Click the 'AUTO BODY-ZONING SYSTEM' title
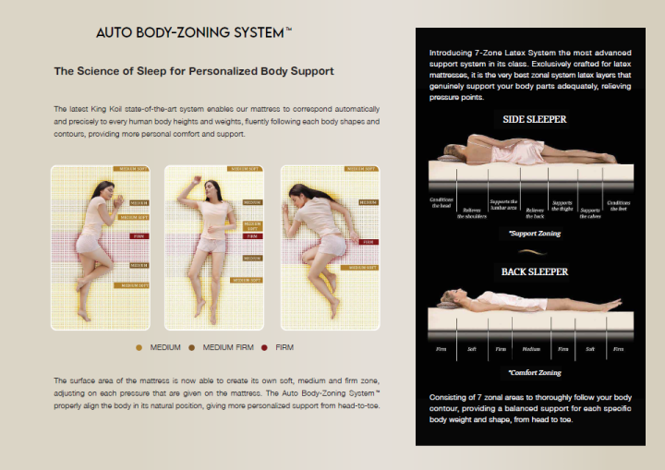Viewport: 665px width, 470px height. pos(194,32)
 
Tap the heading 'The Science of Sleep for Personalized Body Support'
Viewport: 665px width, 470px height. pos(194,70)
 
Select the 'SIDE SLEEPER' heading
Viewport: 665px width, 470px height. pos(535,119)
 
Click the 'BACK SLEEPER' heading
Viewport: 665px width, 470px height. pos(535,272)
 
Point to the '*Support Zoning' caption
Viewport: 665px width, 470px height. pos(535,234)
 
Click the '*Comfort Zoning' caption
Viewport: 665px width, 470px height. pos(535,372)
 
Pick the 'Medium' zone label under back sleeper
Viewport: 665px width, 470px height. pos(531,349)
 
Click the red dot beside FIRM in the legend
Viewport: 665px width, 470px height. pos(263,347)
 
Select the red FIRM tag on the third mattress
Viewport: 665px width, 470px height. pos(367,242)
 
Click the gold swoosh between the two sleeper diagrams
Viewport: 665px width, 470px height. pos(535,251)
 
